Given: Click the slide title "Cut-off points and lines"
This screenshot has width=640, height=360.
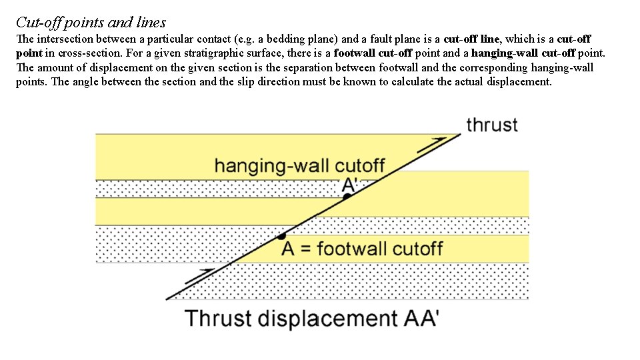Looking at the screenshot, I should tap(91, 23).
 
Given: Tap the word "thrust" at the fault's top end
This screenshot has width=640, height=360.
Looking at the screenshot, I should tap(492, 125).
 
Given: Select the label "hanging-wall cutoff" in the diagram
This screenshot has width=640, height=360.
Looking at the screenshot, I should tap(299, 165).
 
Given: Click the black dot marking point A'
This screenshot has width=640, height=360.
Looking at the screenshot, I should tap(345, 196).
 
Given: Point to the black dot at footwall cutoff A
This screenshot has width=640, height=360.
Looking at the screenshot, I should tap(282, 235).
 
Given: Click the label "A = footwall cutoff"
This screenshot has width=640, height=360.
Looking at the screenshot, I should tap(362, 249).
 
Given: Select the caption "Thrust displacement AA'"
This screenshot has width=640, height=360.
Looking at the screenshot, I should tap(311, 318).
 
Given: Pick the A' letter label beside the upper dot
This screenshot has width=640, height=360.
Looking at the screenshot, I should tap(349, 184).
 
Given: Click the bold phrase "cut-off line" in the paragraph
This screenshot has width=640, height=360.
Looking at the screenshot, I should tap(471, 39).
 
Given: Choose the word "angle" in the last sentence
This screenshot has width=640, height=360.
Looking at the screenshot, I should tap(201, 82).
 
